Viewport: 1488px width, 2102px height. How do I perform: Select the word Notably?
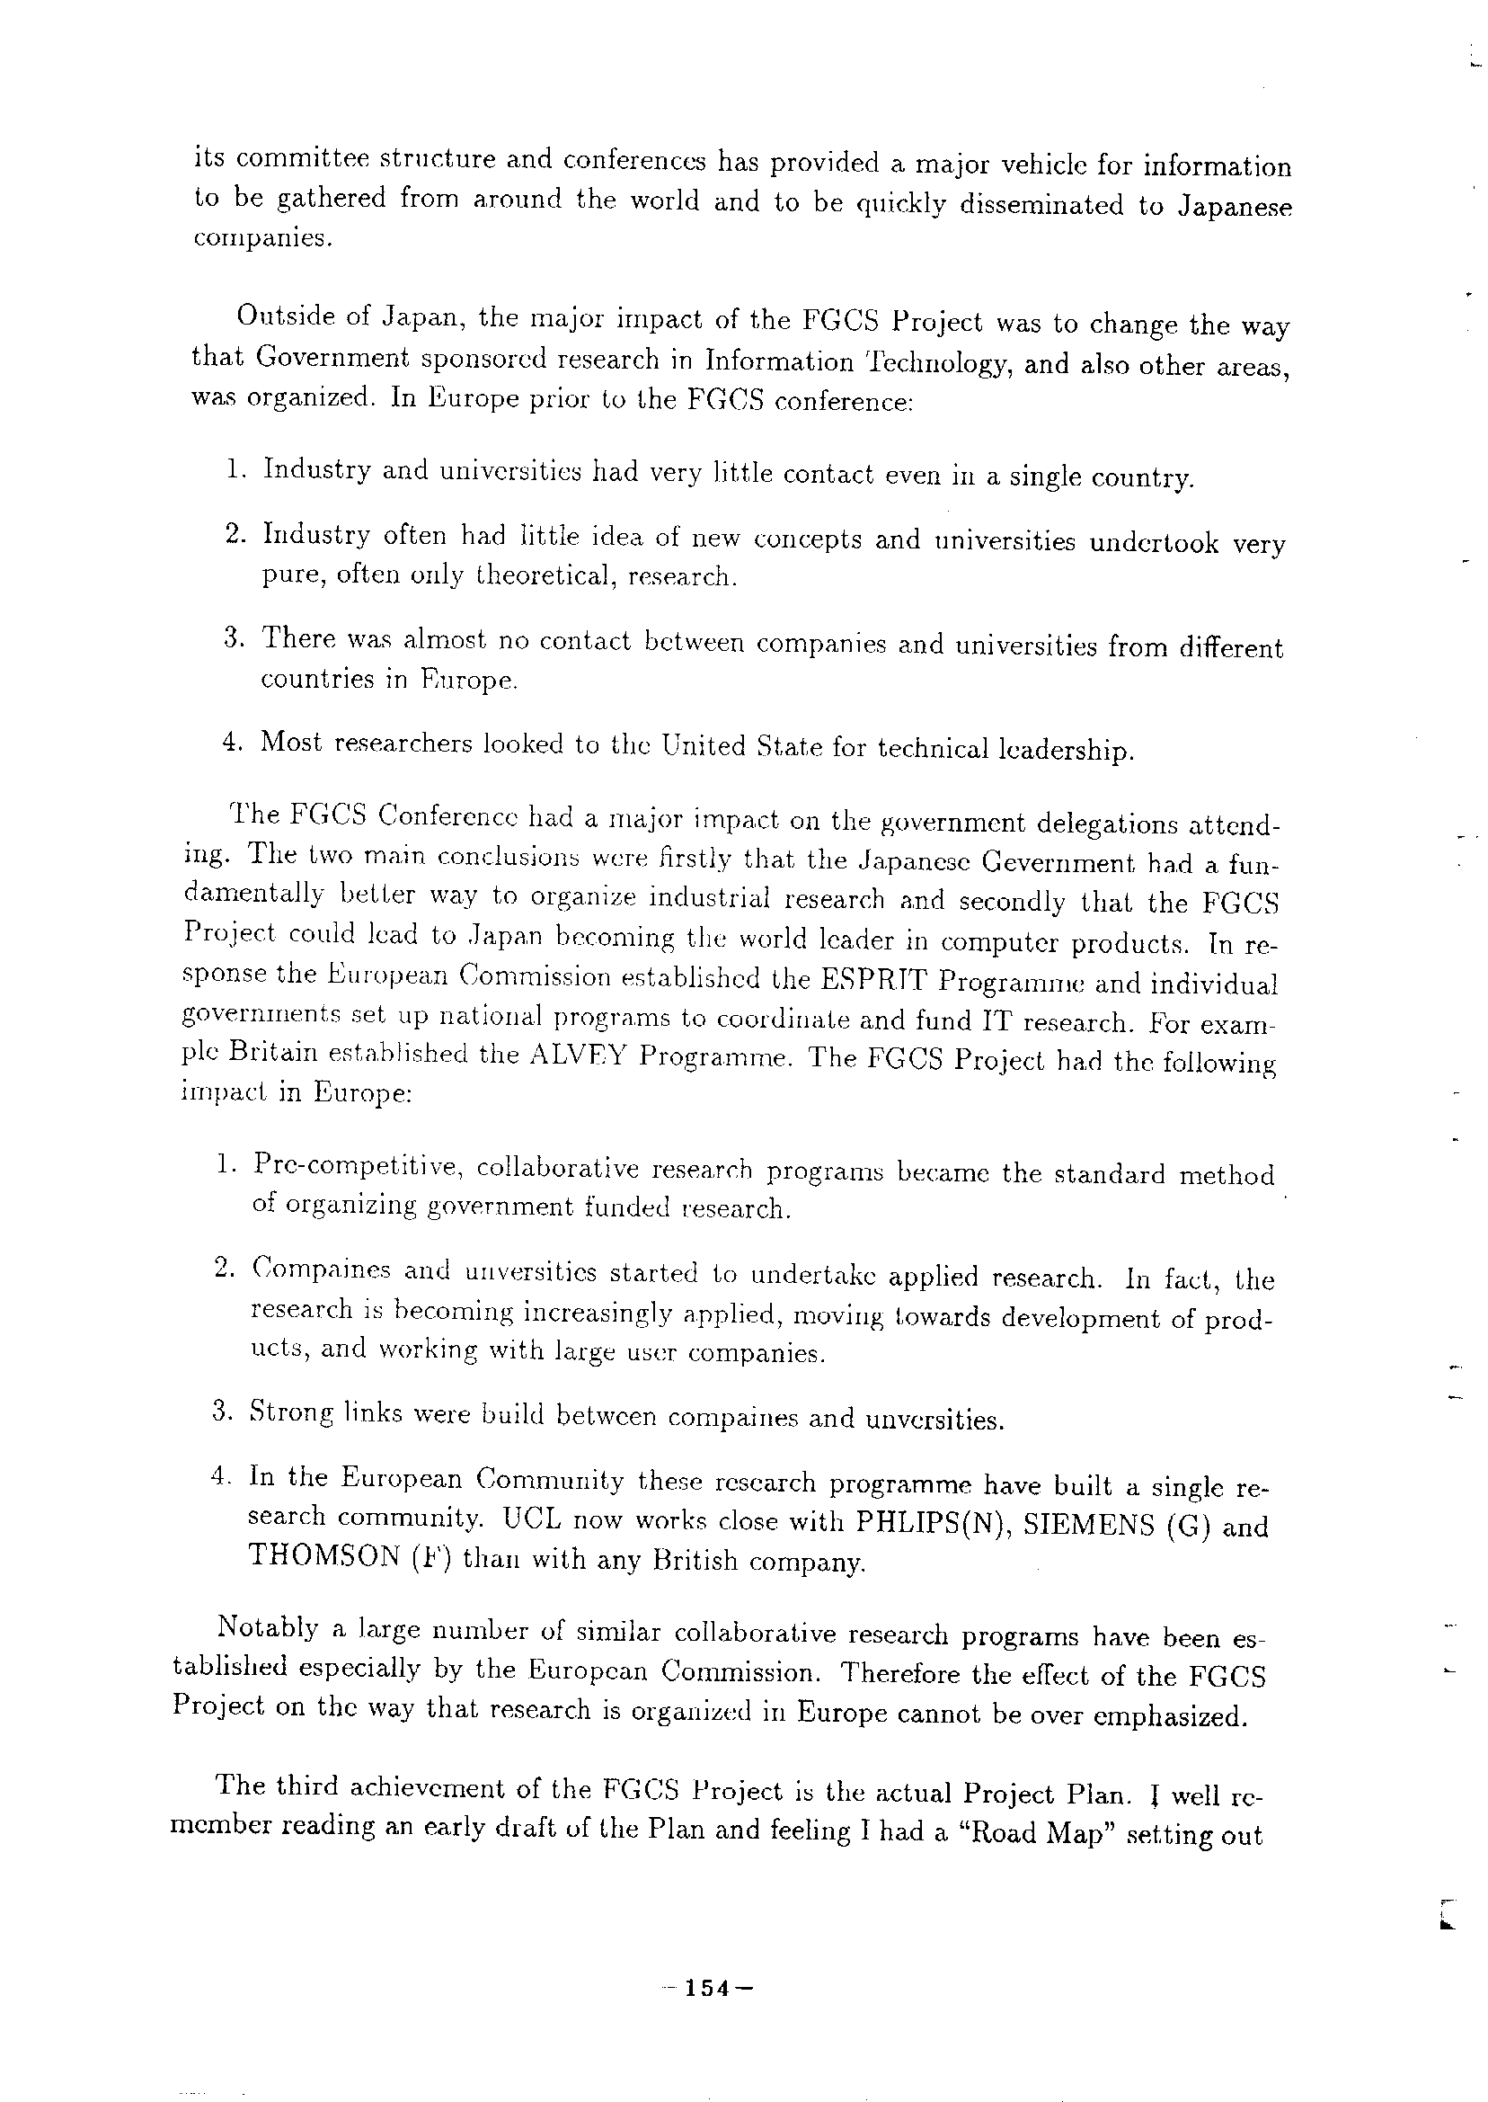pos(268,1627)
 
